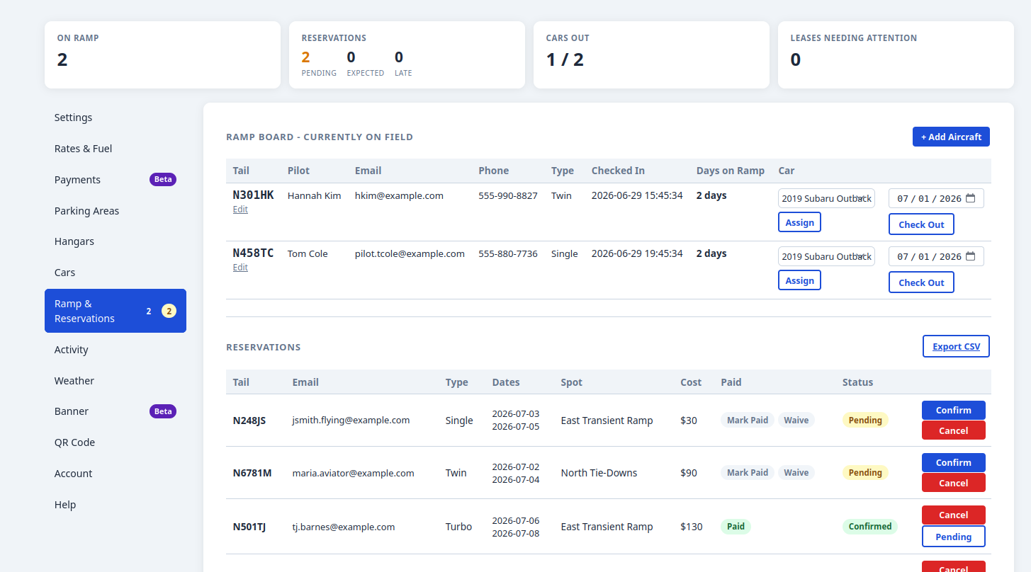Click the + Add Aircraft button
coord(951,137)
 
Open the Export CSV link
coord(956,346)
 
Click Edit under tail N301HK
coord(240,210)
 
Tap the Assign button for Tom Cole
coord(799,280)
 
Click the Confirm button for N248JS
coord(953,410)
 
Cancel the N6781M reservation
coord(953,483)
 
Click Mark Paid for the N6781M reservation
coord(748,472)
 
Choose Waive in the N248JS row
coord(796,420)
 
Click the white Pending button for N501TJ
coord(953,537)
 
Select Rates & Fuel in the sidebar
coord(84,149)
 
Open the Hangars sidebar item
coord(74,241)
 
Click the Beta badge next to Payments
coord(163,179)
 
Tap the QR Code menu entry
coord(74,442)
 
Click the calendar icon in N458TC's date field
coord(970,256)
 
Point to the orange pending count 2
coord(305,57)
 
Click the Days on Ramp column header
coord(730,171)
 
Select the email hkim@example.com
coord(399,195)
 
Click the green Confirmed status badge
coord(870,527)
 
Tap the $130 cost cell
coord(692,527)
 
